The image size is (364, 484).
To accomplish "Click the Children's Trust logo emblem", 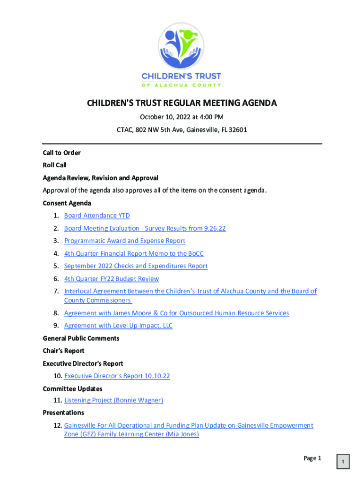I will [182, 45].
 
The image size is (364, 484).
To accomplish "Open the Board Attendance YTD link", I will [97, 216].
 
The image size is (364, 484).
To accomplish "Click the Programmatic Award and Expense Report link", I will [124, 241].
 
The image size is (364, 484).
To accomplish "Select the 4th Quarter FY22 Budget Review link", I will [112, 278].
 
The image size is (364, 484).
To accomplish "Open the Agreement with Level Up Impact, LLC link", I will [118, 325].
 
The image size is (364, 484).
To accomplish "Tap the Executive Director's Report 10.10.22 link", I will [117, 376].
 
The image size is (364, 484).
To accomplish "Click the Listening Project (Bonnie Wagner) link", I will [113, 400].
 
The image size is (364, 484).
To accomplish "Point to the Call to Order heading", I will [62, 153].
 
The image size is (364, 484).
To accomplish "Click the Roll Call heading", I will [55, 165].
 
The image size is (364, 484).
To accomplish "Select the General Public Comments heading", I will [81, 338].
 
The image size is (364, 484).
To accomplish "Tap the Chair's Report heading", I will [64, 351].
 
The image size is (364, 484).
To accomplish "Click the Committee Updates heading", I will [72, 389].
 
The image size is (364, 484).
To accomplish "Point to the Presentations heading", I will [63, 413].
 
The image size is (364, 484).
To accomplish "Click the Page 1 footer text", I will [312, 458].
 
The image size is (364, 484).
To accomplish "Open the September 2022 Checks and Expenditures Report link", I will [136, 266].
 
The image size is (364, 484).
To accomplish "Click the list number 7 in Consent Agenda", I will [56, 291].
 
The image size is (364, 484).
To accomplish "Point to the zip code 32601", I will [238, 130].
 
